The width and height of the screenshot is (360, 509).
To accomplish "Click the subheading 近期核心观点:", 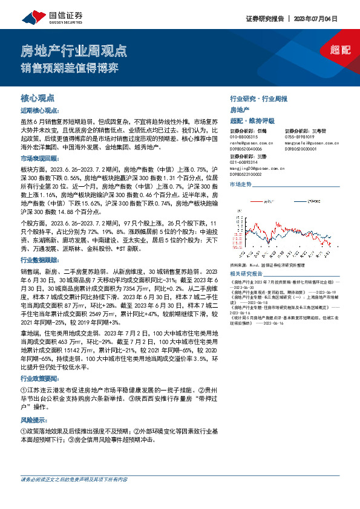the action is (39, 111).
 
